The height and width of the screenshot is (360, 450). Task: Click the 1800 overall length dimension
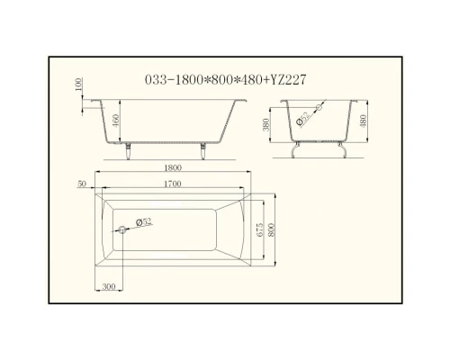[x=175, y=168]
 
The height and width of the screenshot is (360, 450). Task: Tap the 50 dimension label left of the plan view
[x=83, y=184]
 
